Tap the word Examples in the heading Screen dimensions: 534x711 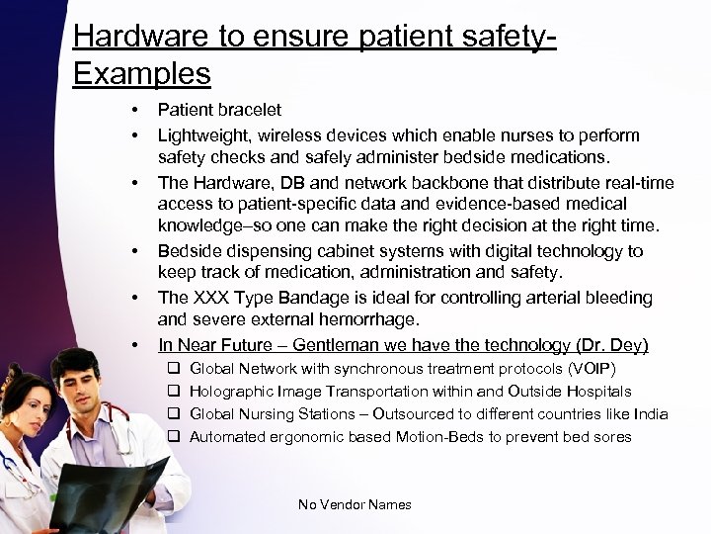(142, 73)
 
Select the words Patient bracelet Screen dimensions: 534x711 (219, 109)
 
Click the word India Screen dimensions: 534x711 (649, 413)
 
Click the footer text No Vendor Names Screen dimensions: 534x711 (355, 504)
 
